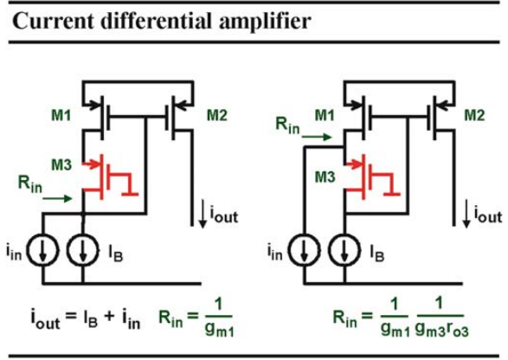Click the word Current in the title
(53, 21)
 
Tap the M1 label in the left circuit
(61, 115)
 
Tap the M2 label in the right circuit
(474, 115)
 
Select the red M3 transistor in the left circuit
(110, 177)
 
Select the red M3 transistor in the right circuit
(373, 177)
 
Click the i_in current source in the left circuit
(42, 251)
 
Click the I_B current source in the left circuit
(83, 251)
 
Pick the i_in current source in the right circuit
(305, 251)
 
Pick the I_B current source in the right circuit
(344, 251)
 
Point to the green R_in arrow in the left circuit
(57, 198)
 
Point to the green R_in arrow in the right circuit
(317, 137)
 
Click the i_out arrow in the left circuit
(203, 214)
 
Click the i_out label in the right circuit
(488, 214)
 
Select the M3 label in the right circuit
(325, 177)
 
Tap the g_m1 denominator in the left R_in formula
(219, 329)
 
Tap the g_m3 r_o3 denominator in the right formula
(441, 329)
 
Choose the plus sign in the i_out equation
(110, 316)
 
